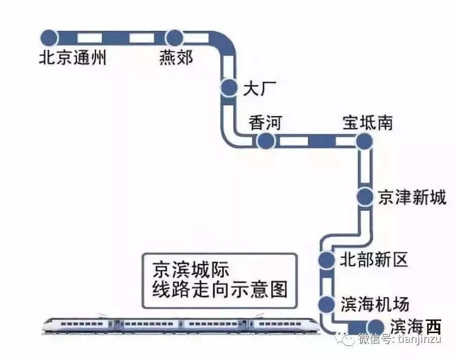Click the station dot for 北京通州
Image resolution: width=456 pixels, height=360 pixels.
tap(49, 38)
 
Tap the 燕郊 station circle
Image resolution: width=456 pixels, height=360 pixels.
tap(174, 38)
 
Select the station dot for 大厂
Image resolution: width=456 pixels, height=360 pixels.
tap(229, 87)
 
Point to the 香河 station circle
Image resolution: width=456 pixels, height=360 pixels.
tap(266, 141)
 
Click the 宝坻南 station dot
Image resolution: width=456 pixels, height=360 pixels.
tap(364, 141)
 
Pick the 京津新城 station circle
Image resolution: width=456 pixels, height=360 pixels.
tap(365, 197)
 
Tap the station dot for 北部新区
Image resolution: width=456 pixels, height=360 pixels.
tap(326, 260)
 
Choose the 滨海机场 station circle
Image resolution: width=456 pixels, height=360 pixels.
tap(326, 304)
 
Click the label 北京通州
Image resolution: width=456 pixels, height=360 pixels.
tap(72, 57)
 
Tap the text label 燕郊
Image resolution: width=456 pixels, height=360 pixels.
tap(176, 57)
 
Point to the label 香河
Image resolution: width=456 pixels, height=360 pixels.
tap(265, 123)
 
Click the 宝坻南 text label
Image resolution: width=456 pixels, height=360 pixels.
tap(368, 123)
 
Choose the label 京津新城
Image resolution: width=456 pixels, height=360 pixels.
tap(412, 198)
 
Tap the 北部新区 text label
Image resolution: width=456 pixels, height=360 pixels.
tap(374, 259)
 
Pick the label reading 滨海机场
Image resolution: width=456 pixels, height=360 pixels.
tap(375, 304)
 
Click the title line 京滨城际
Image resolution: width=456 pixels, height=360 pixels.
tap(191, 270)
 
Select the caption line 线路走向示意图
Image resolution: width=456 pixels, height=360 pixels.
tap(220, 290)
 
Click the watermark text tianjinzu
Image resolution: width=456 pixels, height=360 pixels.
tap(420, 339)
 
